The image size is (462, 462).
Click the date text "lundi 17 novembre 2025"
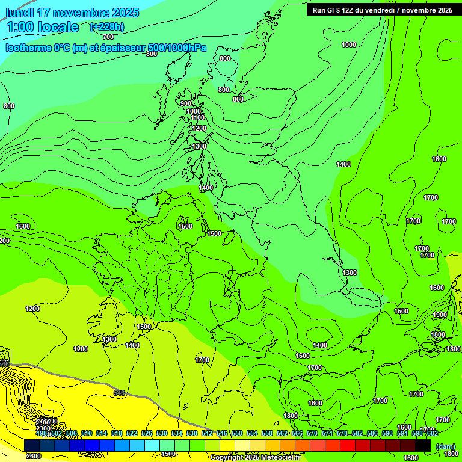click(72, 13)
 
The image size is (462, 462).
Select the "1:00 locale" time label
click(42, 27)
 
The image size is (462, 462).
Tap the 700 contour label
click(108, 37)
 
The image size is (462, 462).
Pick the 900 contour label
click(186, 103)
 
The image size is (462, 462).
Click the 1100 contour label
click(197, 118)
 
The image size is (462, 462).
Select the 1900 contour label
click(440, 315)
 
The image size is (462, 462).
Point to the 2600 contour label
click(34, 455)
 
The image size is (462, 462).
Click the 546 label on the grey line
click(119, 393)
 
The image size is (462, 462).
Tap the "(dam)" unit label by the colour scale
click(445, 446)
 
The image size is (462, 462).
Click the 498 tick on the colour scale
click(42, 433)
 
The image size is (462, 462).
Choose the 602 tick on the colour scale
click(432, 433)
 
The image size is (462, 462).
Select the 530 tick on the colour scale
click(162, 433)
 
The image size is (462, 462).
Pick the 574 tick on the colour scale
click(327, 433)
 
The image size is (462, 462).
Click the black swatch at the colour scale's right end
click(423, 445)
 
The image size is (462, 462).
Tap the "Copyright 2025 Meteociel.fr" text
click(256, 457)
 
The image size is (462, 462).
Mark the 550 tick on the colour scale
click(237, 433)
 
